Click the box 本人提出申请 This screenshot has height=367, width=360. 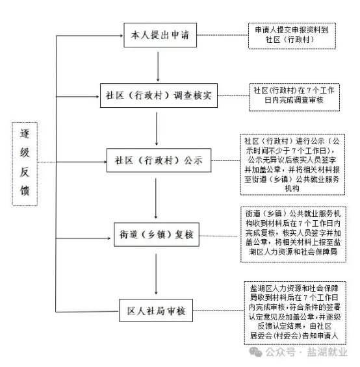[161, 35]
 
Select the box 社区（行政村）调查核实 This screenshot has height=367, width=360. [159, 95]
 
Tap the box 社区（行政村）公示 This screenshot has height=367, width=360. [159, 160]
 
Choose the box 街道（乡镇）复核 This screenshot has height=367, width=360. [157, 234]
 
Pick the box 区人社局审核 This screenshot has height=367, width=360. [156, 310]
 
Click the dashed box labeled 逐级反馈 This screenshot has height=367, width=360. [25, 164]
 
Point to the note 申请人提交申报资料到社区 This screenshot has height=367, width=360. [292, 36]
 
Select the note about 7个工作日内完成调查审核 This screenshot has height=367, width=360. [294, 97]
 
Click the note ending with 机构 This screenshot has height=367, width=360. [292, 164]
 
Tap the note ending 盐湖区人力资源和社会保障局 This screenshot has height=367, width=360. [293, 234]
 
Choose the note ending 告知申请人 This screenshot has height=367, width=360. [295, 312]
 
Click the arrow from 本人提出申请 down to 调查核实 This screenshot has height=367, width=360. [158, 67]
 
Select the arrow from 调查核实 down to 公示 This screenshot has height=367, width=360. [157, 129]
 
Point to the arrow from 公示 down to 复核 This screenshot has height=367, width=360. [156, 199]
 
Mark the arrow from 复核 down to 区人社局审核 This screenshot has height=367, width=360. [156, 274]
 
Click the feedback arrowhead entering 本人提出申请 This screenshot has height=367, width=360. [122, 36]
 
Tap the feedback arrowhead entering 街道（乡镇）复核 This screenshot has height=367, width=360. [109, 238]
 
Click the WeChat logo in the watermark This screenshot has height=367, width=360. [255, 352]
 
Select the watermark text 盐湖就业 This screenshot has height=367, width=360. [328, 352]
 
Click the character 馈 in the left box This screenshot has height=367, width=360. [25, 190]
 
